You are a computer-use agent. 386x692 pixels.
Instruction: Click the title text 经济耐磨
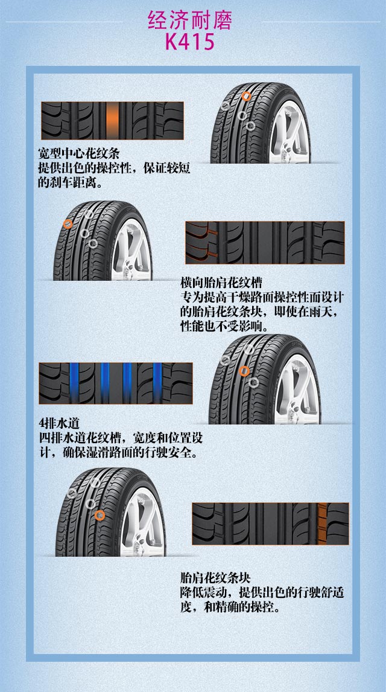tap(190, 21)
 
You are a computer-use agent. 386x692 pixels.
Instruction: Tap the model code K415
tap(190, 42)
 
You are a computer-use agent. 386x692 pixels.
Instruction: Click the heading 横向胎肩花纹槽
tap(221, 283)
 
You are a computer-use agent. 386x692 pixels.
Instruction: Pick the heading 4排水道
tap(60, 423)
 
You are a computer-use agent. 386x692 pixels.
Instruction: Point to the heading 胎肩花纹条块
tap(215, 578)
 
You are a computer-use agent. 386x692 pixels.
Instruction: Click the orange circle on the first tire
tap(246, 96)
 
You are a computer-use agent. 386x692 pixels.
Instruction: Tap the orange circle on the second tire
tap(68, 224)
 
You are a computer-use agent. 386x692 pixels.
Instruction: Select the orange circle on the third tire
tap(244, 371)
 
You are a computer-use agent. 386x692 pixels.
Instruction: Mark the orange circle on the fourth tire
tap(100, 516)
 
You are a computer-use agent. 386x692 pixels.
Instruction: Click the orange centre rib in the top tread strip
tap(113, 121)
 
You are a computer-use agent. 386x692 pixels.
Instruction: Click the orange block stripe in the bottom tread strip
tap(323, 524)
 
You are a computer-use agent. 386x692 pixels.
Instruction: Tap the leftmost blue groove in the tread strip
tap(74, 383)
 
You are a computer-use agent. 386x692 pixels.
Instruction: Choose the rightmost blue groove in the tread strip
tap(157, 383)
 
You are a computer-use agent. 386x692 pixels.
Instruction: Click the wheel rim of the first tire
tap(289, 132)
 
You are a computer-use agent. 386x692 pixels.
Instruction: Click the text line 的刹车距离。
tap(70, 183)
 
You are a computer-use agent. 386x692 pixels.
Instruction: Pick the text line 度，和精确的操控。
tap(230, 607)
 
